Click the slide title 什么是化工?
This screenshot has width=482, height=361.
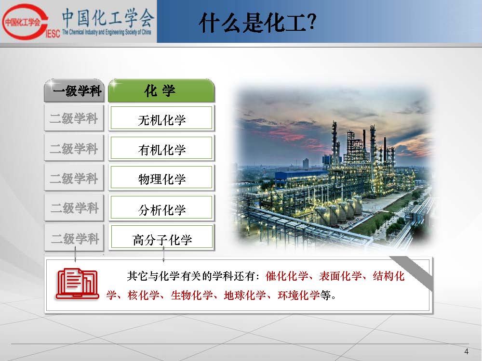point(257,23)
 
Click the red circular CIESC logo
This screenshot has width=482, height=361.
point(25,22)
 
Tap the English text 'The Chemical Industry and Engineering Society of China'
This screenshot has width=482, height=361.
point(107,32)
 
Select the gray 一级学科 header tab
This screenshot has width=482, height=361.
point(74,90)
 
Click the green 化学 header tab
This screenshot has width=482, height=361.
point(161,90)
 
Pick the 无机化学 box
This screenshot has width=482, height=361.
point(161,118)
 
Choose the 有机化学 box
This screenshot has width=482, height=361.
point(161,148)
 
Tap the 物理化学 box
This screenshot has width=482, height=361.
point(161,178)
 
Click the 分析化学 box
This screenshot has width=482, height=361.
point(161,207)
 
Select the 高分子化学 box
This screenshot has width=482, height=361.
point(161,237)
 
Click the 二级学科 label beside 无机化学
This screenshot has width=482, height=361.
point(74,118)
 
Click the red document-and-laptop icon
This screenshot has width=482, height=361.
point(77,284)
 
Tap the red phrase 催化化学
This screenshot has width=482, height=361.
point(286,276)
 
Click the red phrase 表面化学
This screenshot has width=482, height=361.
point(340,276)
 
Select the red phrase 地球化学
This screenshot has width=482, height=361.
point(245,296)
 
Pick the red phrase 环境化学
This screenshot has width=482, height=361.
point(299,296)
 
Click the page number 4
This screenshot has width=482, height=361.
point(466,351)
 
